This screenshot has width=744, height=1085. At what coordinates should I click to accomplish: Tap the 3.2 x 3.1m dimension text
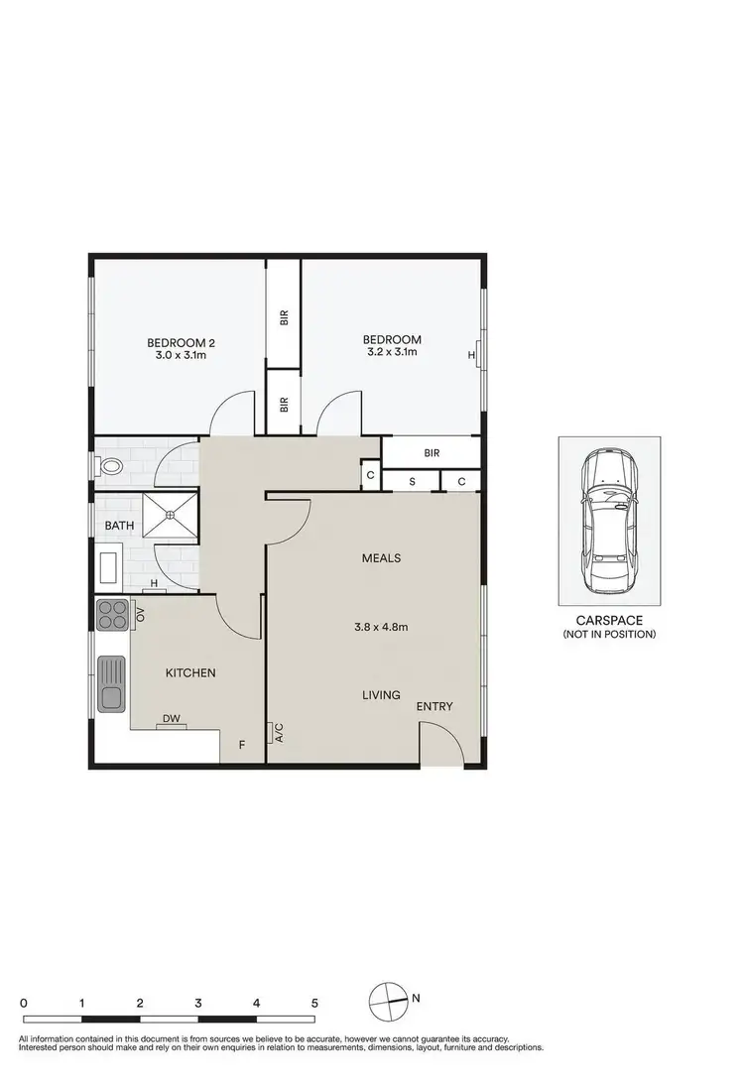(x=392, y=351)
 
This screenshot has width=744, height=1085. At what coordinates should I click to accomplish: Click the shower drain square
(x=171, y=515)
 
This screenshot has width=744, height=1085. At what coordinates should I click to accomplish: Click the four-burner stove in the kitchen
(x=112, y=614)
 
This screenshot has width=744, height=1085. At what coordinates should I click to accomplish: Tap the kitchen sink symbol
(x=111, y=684)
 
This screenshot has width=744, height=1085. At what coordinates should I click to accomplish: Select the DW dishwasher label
(x=171, y=718)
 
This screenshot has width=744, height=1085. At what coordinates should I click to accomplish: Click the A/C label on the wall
(x=280, y=734)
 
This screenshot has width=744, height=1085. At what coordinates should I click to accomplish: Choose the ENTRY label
(x=434, y=706)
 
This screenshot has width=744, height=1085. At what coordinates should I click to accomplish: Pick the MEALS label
(x=381, y=557)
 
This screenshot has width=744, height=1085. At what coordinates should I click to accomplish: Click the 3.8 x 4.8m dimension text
(x=381, y=627)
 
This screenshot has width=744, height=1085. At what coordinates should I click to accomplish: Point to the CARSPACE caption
(x=609, y=620)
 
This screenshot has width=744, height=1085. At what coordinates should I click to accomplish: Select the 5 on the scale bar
(x=314, y=1004)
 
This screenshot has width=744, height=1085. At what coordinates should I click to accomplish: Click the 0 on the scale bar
(x=23, y=1004)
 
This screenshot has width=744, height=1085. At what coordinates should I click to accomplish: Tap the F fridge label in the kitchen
(x=239, y=744)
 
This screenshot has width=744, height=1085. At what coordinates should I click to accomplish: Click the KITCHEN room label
(x=190, y=672)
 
